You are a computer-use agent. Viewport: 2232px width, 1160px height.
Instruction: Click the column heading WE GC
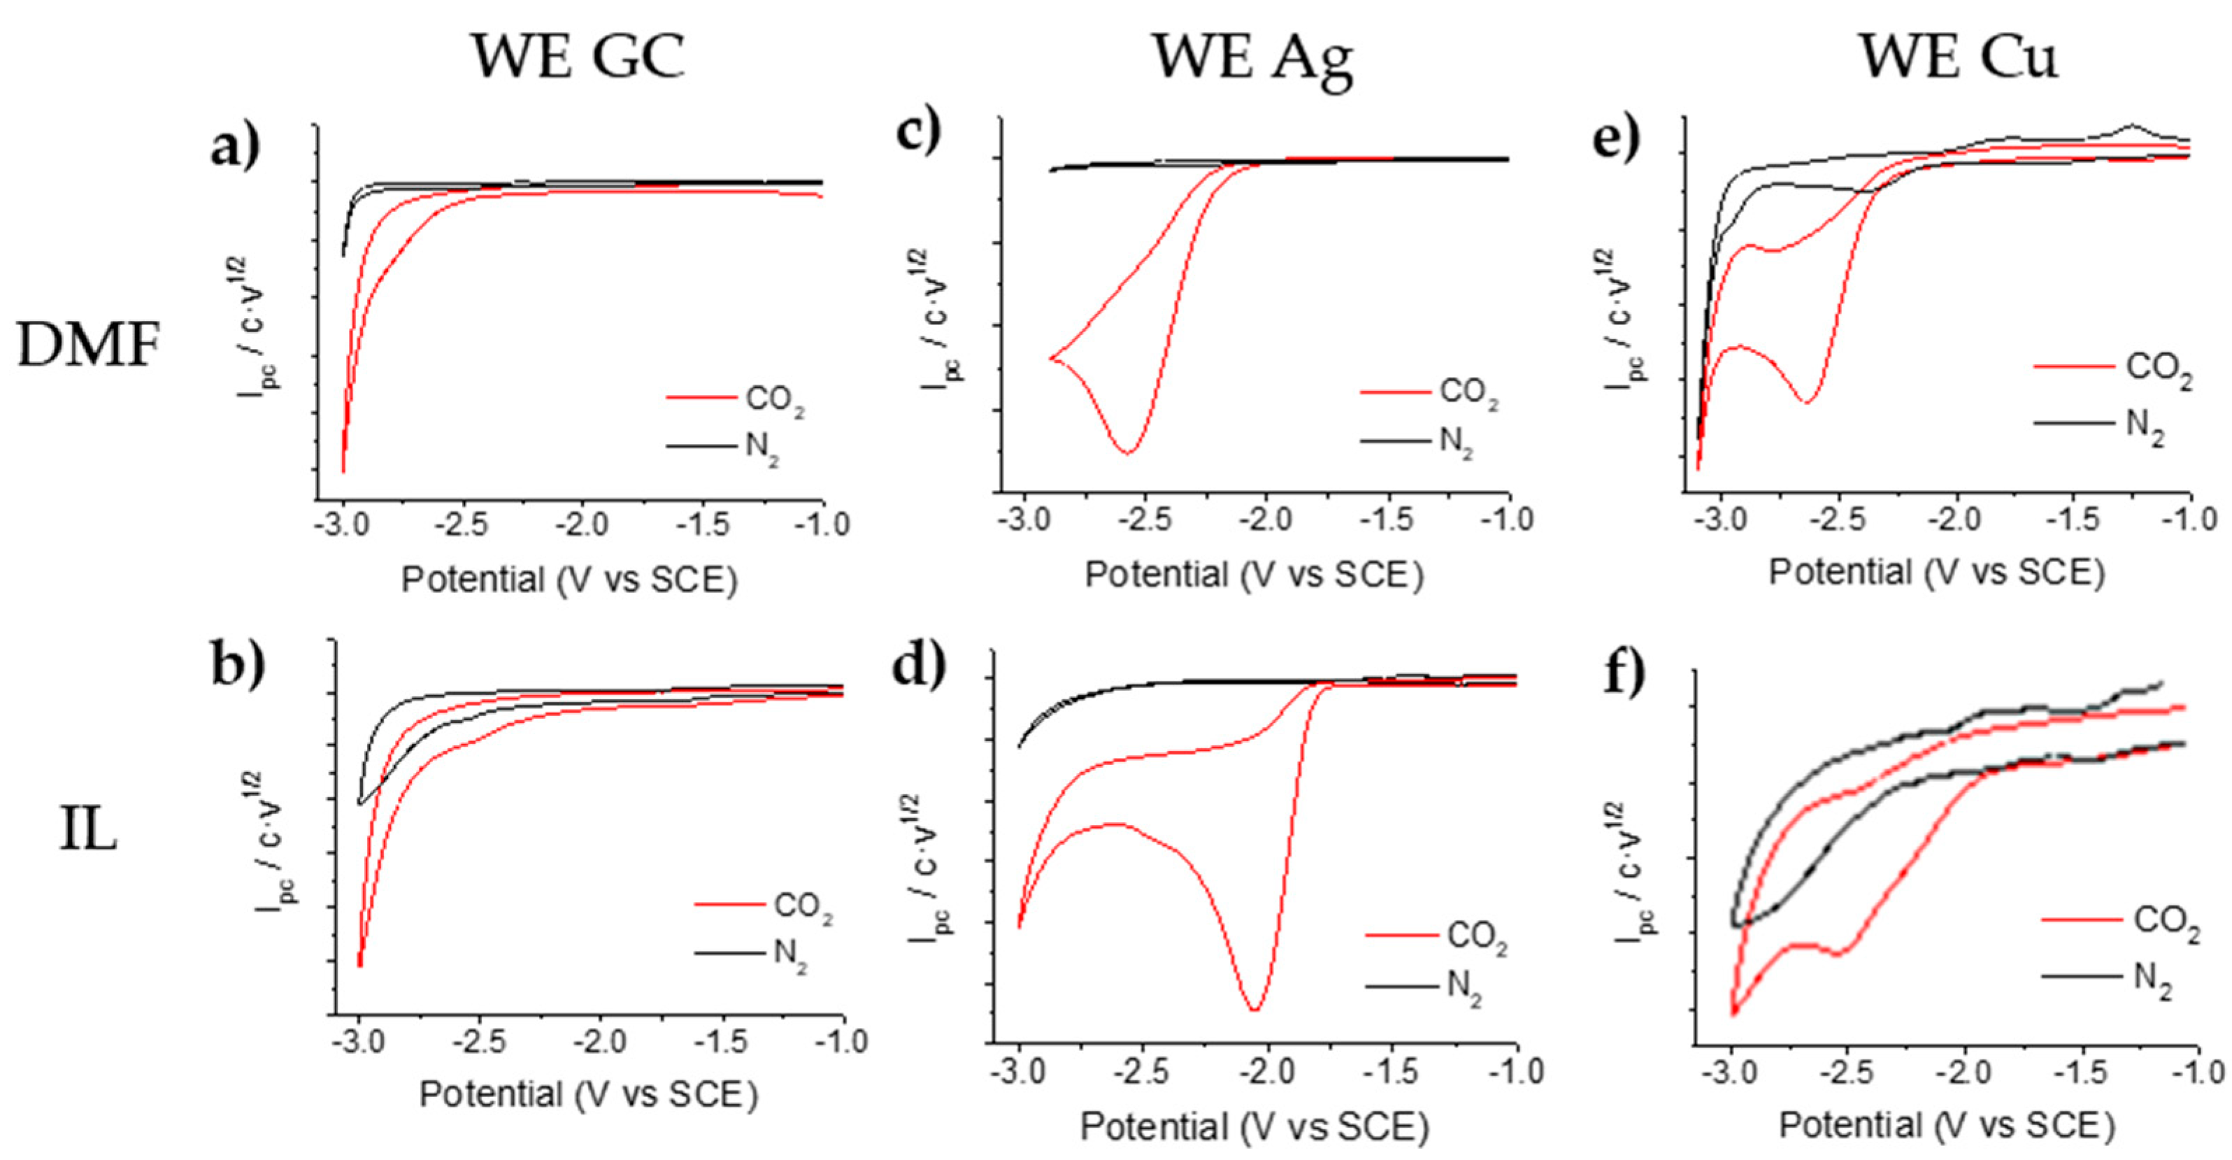[578, 57]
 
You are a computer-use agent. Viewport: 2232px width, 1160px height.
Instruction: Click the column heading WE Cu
[1958, 57]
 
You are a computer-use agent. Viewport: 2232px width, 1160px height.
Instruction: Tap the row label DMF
[90, 347]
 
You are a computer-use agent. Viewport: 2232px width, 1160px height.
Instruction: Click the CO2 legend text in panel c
[1468, 393]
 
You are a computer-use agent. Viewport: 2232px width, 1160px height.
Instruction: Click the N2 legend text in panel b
[789, 954]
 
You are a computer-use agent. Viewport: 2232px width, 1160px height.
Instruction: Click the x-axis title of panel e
[1936, 573]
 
